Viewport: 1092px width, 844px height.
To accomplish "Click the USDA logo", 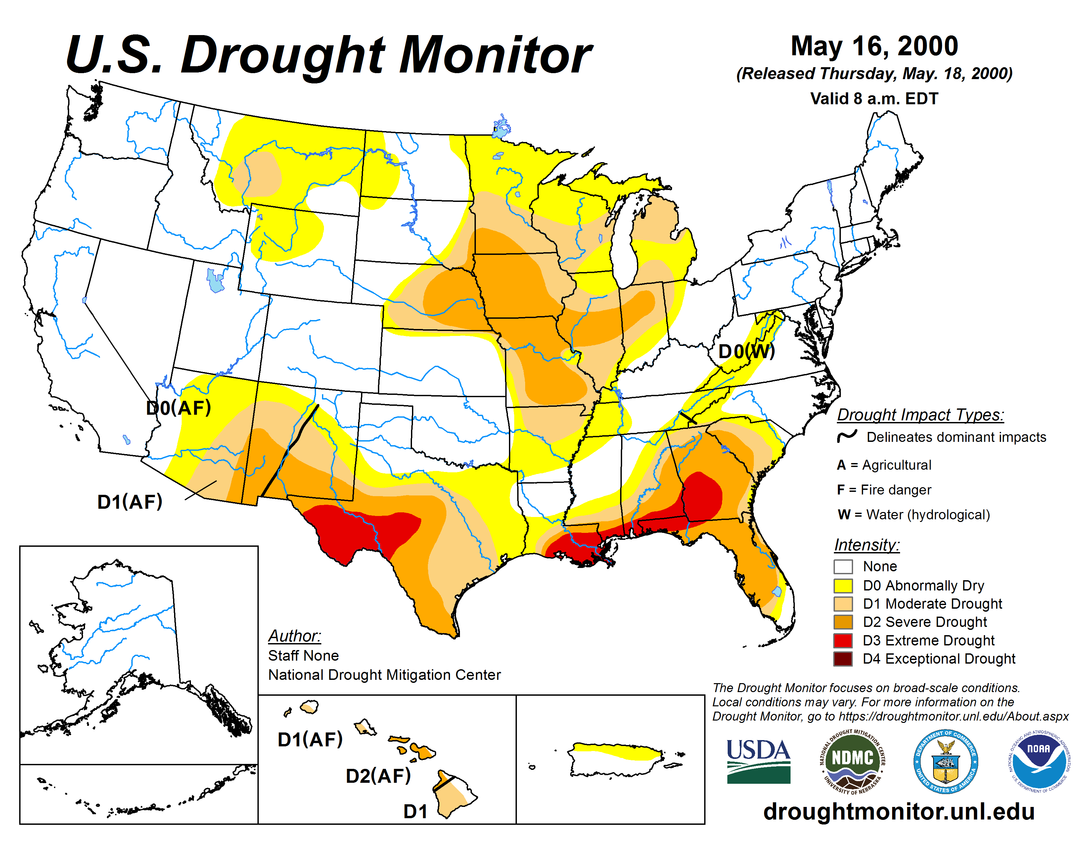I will coord(758,761).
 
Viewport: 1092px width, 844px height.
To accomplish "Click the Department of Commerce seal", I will coord(945,761).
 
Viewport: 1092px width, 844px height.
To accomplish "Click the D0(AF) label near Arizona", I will coord(178,408).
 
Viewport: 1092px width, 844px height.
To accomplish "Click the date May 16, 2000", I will coord(874,46).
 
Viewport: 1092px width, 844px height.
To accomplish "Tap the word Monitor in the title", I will coord(495,55).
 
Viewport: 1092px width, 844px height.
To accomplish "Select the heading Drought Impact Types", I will coord(920,414).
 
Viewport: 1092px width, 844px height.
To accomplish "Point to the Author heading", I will coord(295,635).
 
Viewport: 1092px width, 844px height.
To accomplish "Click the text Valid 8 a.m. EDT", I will coord(874,99).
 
